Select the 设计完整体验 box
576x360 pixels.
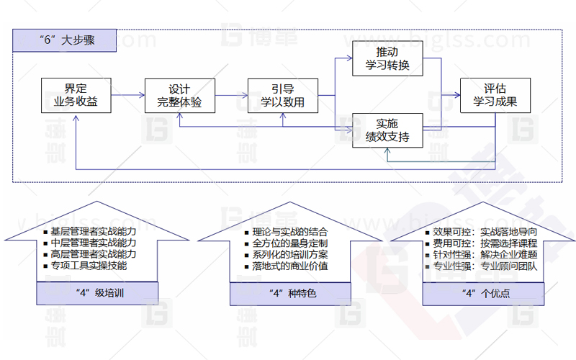(x=179, y=96)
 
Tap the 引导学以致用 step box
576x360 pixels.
(x=282, y=96)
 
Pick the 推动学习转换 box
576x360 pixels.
(x=387, y=58)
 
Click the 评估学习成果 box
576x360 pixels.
(x=495, y=96)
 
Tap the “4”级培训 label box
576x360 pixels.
(x=97, y=293)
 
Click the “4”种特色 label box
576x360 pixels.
(x=292, y=293)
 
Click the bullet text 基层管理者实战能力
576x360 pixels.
(x=93, y=232)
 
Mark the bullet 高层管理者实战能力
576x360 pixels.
(x=93, y=254)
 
